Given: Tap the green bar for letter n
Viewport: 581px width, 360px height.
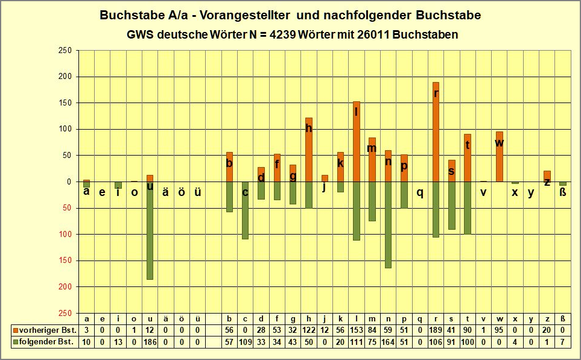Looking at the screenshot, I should click(x=388, y=225).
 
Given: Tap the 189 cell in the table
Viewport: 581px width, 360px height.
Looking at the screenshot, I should click(x=436, y=330).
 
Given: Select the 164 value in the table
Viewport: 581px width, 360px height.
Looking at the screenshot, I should click(x=388, y=343).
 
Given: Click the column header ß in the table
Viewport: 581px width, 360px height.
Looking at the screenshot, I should click(x=562, y=319).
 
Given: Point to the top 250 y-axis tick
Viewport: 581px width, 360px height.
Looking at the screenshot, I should click(x=65, y=51).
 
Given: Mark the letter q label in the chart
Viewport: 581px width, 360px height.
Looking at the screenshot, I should click(x=420, y=193).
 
